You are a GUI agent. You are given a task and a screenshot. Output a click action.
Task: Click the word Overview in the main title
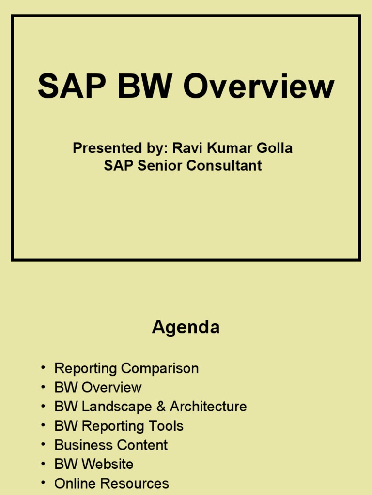point(259,87)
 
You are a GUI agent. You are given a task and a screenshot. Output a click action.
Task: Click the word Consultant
point(224,165)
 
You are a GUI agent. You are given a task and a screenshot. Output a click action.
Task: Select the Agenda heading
point(186,328)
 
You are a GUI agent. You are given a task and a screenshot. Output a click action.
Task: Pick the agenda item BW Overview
point(98,387)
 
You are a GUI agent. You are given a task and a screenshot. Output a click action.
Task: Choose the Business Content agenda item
point(111,445)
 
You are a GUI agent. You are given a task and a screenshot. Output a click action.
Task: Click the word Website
point(108,464)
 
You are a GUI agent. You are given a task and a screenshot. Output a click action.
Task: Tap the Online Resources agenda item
point(111,483)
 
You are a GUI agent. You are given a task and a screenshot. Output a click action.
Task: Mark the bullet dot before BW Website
point(43,463)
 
